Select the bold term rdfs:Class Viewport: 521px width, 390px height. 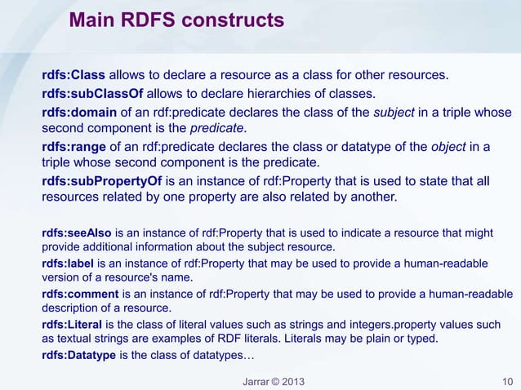coord(73,77)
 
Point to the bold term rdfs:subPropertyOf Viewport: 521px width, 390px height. coord(102,180)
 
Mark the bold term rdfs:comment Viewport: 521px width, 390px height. coord(79,293)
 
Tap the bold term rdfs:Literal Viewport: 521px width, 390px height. coord(72,324)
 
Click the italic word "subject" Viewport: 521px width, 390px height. coord(395,113)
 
